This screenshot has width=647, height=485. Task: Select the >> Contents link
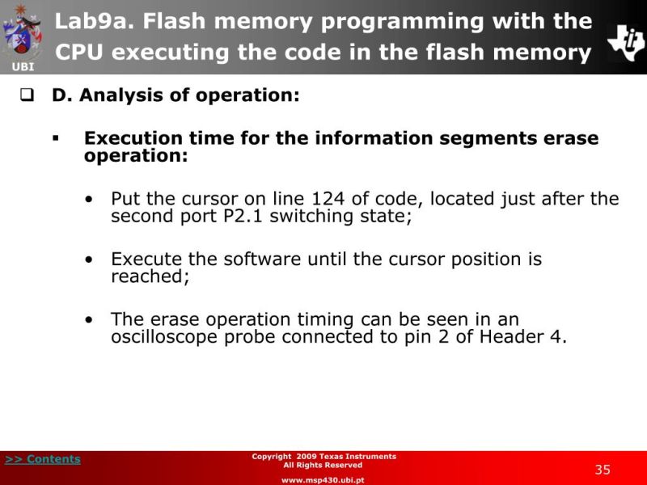point(43,459)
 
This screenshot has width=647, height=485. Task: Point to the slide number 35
point(603,470)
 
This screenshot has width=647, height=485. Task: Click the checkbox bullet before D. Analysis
point(26,95)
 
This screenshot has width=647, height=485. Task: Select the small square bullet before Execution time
point(57,139)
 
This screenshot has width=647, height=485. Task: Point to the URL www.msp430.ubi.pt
point(323,479)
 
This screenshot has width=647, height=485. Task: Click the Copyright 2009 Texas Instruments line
point(323,457)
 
